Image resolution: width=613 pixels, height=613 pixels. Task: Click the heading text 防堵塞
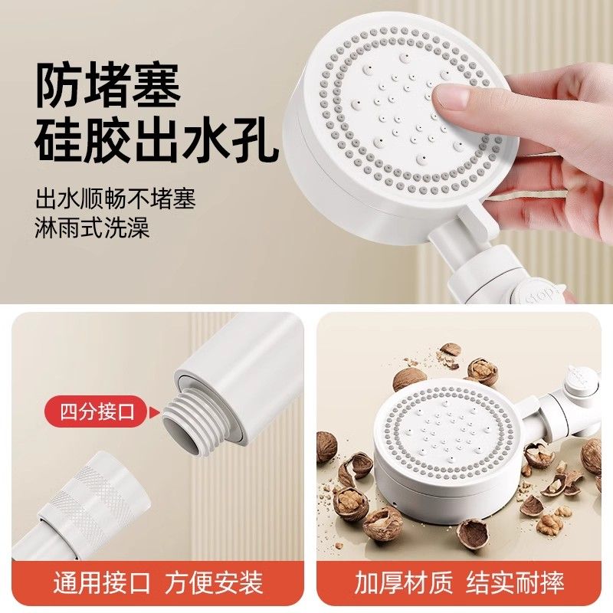[107, 85]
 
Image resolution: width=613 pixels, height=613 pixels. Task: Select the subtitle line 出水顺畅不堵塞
[116, 198]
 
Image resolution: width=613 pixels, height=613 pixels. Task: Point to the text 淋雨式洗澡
[92, 227]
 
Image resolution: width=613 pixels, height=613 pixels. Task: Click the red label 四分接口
[97, 411]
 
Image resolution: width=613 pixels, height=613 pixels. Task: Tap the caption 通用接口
[102, 582]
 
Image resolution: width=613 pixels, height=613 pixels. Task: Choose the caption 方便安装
[214, 582]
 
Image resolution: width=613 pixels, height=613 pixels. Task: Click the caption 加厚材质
[404, 582]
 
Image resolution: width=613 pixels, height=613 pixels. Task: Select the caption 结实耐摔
[515, 582]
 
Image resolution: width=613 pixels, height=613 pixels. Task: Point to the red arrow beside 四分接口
[156, 411]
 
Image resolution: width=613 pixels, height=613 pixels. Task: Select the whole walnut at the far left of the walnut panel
[326, 447]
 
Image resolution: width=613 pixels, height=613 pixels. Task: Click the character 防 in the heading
[59, 85]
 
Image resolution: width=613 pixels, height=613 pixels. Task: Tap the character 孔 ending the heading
[255, 139]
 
